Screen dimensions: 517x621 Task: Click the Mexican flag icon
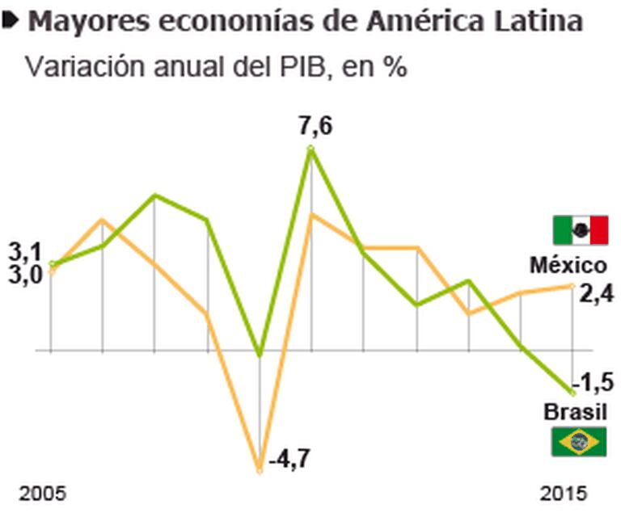click(580, 230)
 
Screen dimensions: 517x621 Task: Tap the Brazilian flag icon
click(579, 441)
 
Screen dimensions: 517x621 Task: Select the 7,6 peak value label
click(315, 128)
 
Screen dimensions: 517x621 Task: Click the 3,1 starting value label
click(24, 251)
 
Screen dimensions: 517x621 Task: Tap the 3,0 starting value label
click(24, 275)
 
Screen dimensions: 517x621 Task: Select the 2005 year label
click(42, 493)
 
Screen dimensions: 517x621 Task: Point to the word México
click(568, 265)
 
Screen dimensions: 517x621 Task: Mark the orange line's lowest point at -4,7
click(260, 469)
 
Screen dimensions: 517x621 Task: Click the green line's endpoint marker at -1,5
click(572, 392)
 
